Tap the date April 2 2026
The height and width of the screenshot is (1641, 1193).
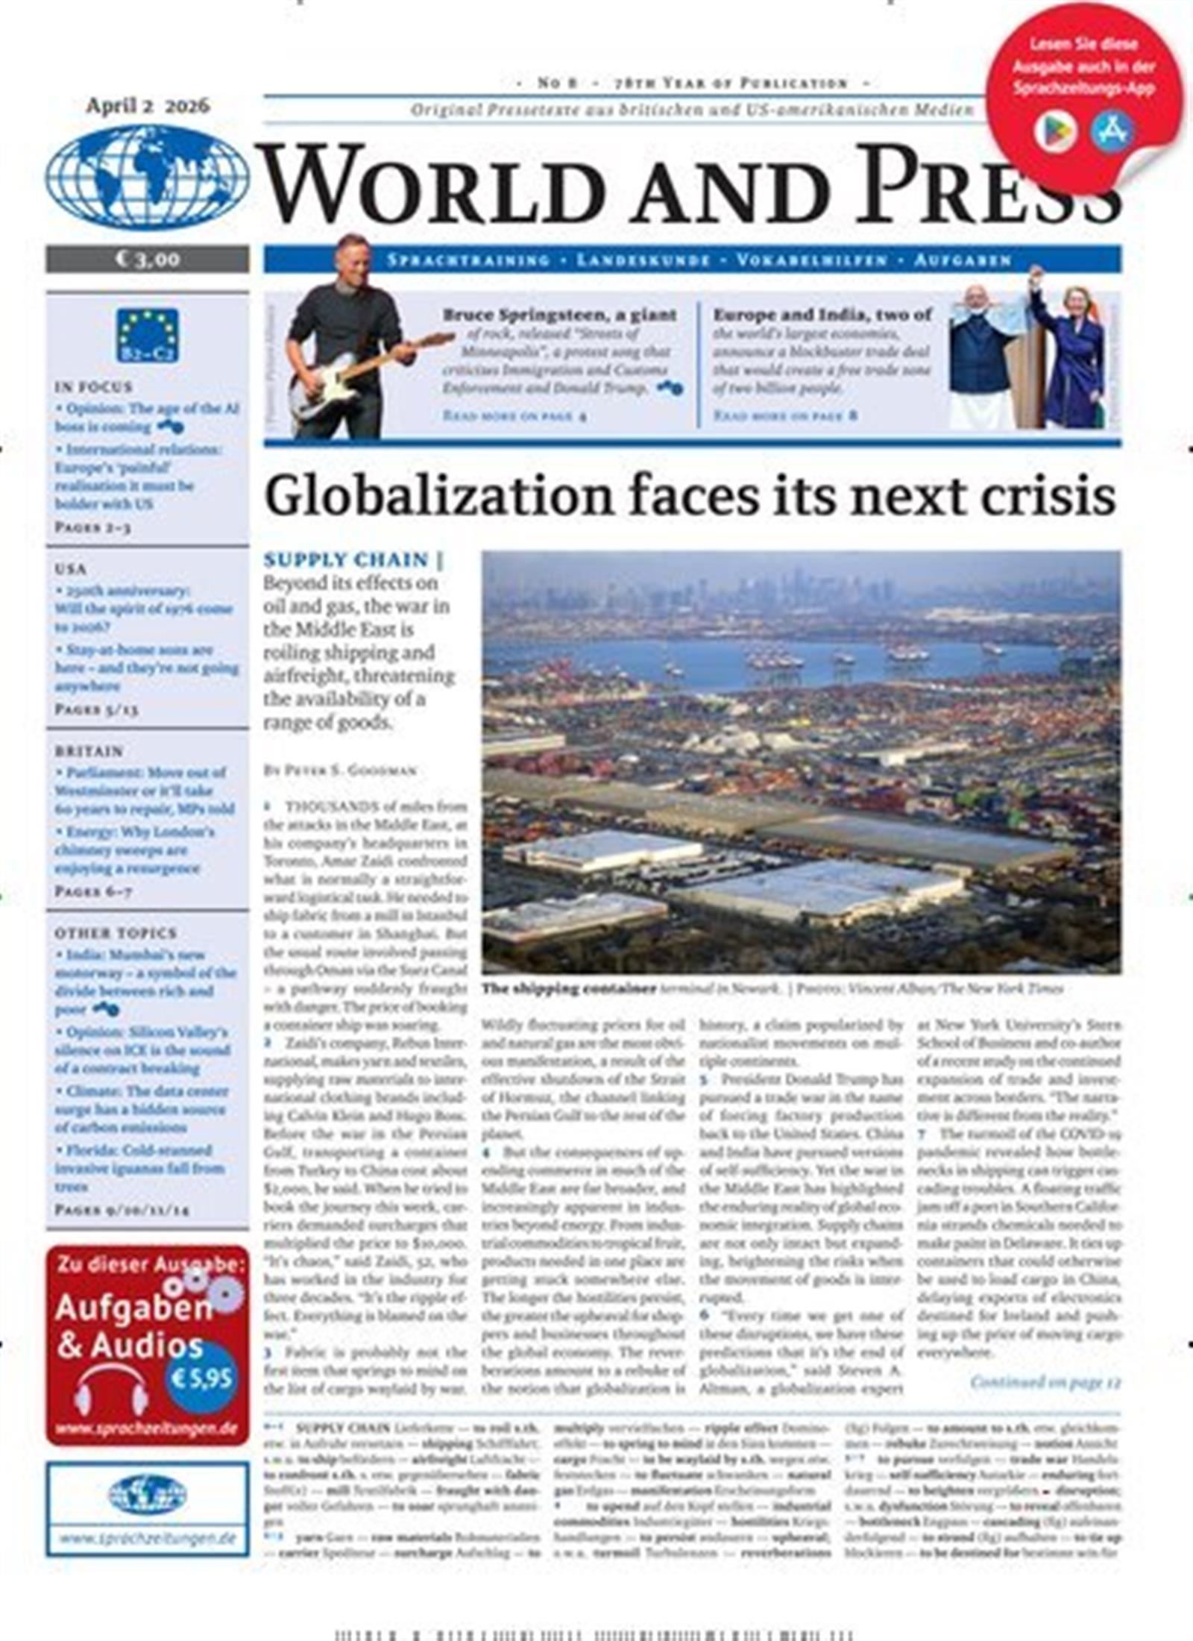tap(148, 106)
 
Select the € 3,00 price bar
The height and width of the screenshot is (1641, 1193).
tap(147, 259)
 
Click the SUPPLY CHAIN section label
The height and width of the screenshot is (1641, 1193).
tap(347, 559)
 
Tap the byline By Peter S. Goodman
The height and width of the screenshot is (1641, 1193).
tap(340, 771)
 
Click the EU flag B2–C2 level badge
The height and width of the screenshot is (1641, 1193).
tap(148, 335)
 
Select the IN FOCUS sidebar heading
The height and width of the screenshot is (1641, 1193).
tap(93, 387)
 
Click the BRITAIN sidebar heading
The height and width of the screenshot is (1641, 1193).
tap(89, 750)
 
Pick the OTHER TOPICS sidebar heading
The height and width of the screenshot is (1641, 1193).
tap(116, 933)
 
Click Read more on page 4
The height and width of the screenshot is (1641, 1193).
tap(514, 415)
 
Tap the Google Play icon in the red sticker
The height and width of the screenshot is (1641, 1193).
tap(1054, 133)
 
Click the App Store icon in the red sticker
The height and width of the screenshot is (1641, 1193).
tap(1112, 131)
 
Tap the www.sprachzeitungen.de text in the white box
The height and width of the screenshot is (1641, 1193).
tap(148, 1538)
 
